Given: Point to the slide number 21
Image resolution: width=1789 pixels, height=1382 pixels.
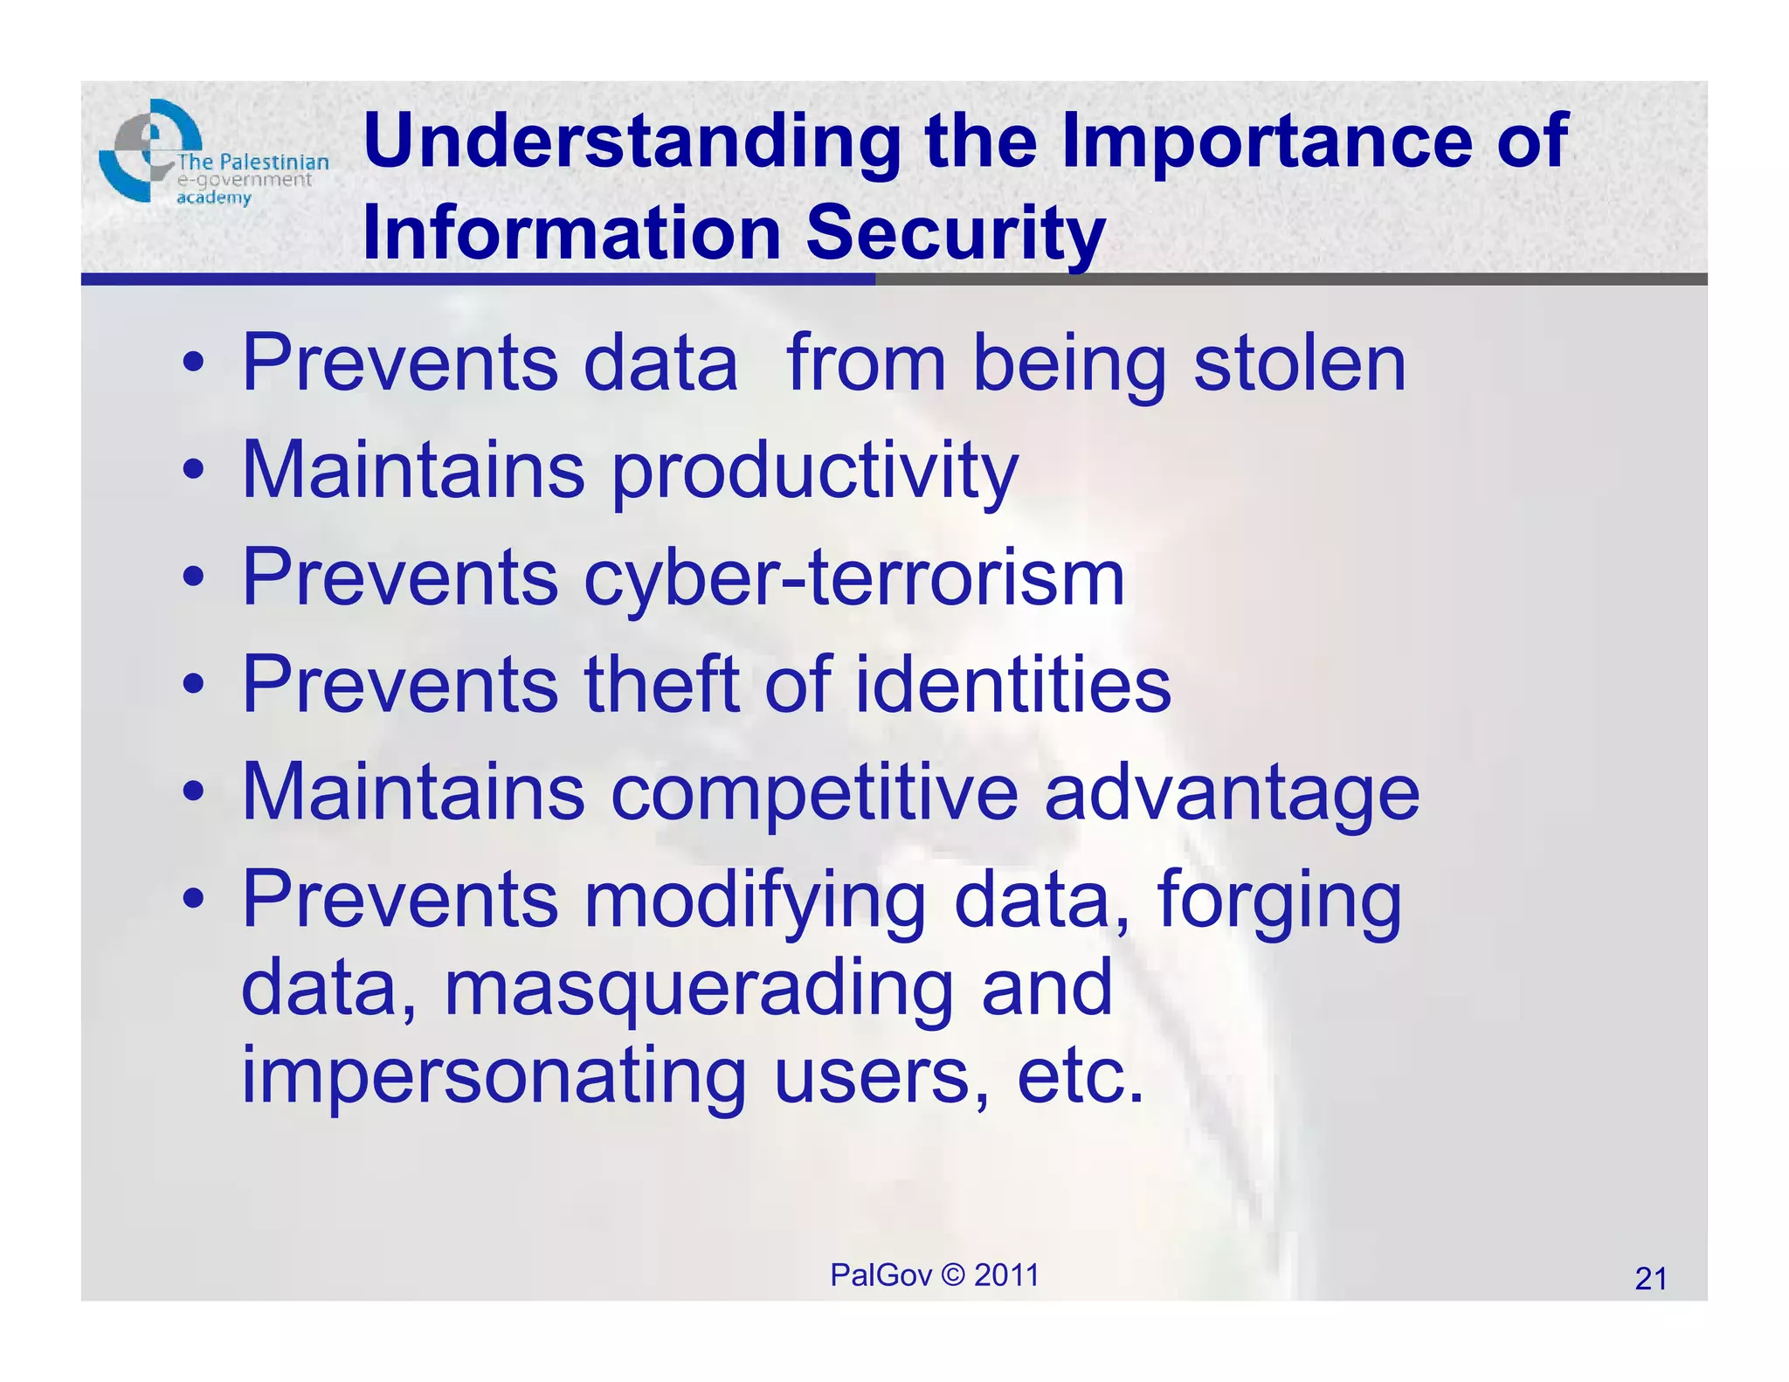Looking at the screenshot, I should pyautogui.click(x=1650, y=1279).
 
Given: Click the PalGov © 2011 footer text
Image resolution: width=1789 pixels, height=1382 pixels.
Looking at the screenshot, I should pyautogui.click(x=934, y=1275).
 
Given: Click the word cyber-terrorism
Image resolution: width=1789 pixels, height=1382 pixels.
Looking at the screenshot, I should pyautogui.click(x=853, y=578).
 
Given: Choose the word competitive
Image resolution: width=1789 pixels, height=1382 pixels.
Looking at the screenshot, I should pyautogui.click(x=813, y=793).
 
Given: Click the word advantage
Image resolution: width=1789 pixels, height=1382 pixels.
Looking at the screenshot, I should pyautogui.click(x=1232, y=793).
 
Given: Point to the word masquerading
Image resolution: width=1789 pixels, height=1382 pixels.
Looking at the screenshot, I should pyautogui.click(x=699, y=989).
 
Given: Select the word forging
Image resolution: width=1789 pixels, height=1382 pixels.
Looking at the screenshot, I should pyautogui.click(x=1279, y=901).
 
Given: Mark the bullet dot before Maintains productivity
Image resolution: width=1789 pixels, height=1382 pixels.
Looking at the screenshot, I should pyautogui.click(x=194, y=471).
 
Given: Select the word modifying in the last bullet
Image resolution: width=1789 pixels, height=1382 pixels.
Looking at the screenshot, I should pyautogui.click(x=755, y=901).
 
